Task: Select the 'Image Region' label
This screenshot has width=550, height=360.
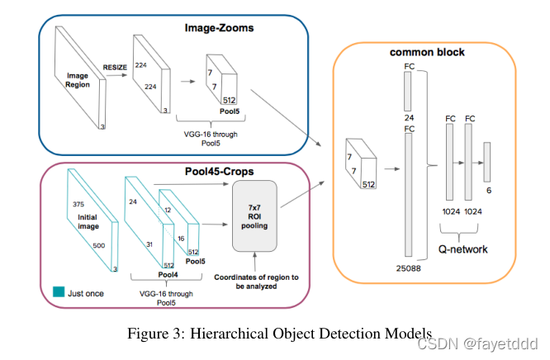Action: point(77,79)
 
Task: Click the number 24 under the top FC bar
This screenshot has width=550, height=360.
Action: point(408,117)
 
